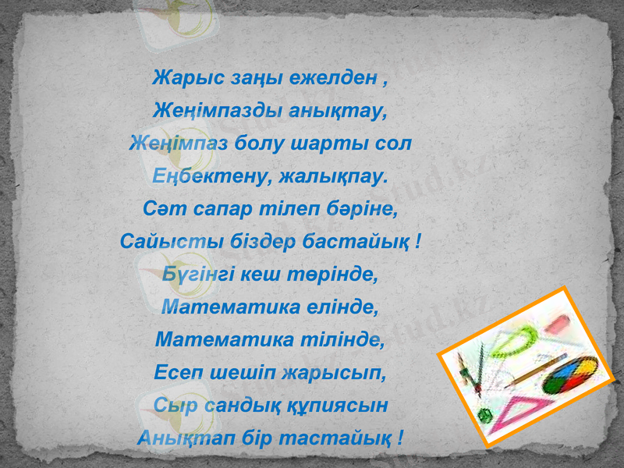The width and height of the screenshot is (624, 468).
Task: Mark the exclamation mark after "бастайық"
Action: click(x=420, y=243)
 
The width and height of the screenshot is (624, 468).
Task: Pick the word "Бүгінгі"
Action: click(x=193, y=275)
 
